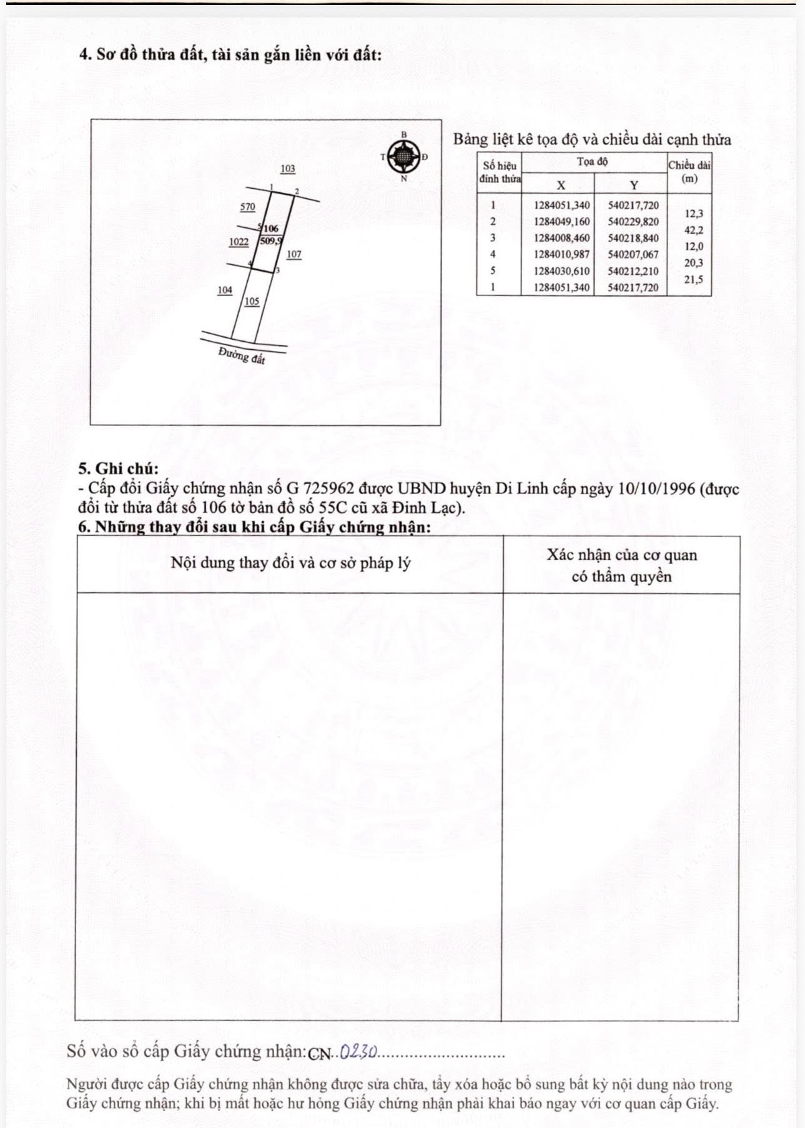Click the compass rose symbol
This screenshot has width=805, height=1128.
404,156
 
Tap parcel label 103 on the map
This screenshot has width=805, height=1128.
288,169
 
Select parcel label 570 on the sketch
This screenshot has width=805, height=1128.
248,207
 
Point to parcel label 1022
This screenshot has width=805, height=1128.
239,242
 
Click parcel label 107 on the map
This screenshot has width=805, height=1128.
294,254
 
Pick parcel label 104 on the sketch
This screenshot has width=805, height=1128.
225,290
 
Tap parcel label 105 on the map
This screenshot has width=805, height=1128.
252,301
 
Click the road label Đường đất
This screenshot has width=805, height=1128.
242,356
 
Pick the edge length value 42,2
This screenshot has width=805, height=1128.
693,230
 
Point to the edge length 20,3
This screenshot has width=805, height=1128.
693,263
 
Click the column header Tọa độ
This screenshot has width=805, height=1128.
593,162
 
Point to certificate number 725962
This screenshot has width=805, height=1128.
330,488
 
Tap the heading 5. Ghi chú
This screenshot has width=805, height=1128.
119,468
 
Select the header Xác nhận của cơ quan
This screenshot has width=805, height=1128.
621,555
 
